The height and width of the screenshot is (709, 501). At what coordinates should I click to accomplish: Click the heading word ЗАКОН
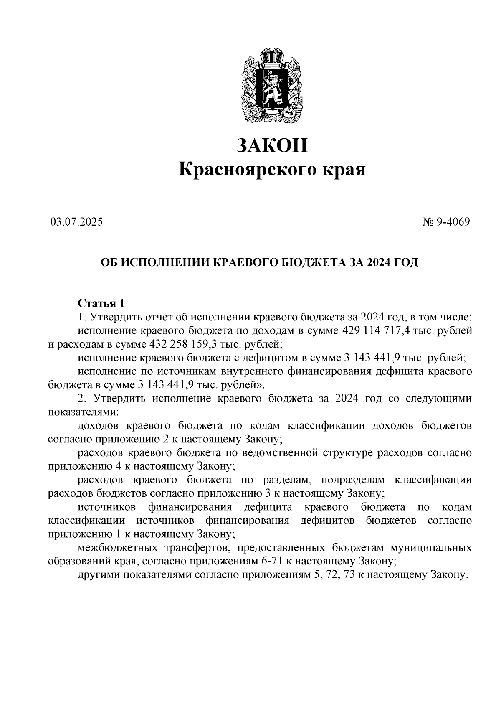tap(272, 145)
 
